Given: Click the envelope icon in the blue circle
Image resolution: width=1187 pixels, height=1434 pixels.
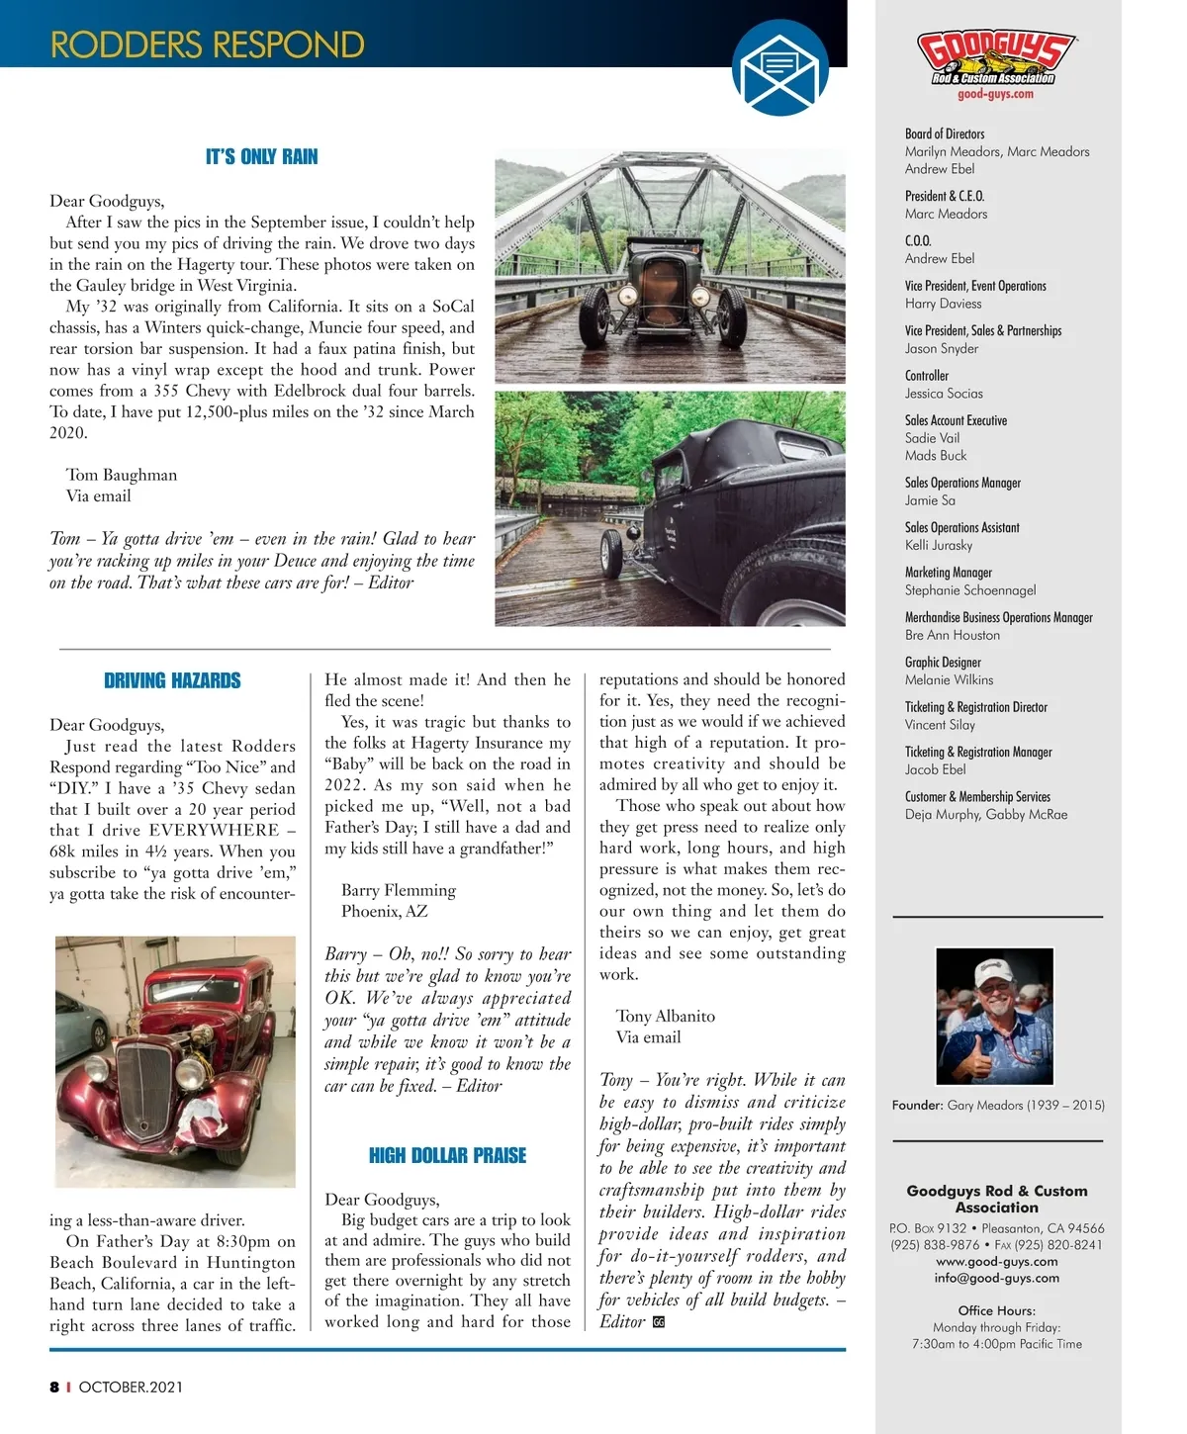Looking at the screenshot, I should click(779, 68).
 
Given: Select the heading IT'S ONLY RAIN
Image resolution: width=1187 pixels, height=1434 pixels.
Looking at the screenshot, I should click(261, 157).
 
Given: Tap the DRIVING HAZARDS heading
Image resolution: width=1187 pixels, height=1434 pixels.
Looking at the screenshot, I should click(172, 680).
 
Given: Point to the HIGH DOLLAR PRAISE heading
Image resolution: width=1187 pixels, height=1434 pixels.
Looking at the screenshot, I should click(447, 1155).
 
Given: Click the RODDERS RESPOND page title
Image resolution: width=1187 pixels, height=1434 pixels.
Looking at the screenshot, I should click(207, 45).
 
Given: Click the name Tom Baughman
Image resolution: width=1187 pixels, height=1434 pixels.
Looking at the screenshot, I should click(122, 475).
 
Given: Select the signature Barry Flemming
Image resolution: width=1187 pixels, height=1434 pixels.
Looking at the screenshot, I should click(399, 890).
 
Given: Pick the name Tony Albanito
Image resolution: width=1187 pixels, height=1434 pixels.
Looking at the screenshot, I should click(665, 1016).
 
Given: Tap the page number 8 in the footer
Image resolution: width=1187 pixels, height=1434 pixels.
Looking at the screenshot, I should click(54, 1387).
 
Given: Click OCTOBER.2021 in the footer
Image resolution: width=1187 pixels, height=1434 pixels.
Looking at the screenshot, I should click(131, 1387).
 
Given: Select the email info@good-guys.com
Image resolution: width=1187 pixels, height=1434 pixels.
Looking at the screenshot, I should click(996, 1278).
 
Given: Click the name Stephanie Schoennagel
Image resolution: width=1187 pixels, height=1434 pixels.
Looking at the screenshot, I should click(970, 590).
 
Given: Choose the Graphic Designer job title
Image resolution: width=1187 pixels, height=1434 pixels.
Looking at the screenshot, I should click(943, 663).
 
